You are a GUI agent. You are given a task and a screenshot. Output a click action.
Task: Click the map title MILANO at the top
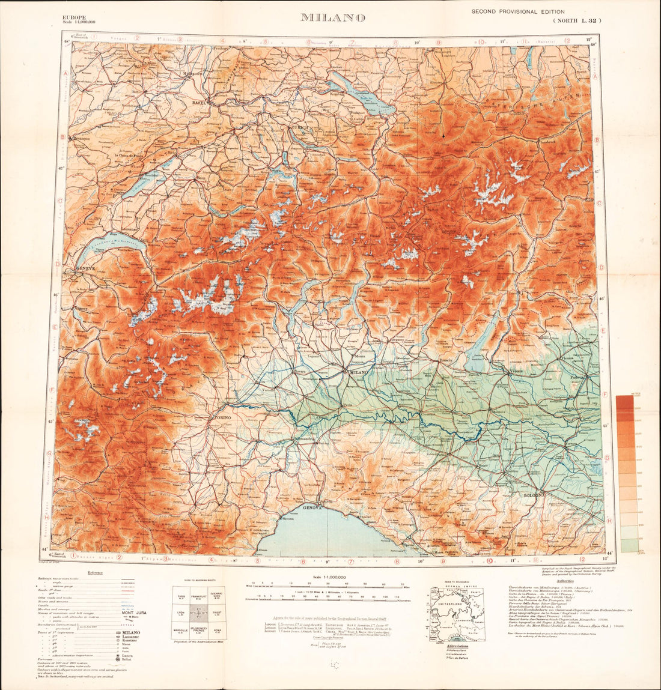click(333, 17)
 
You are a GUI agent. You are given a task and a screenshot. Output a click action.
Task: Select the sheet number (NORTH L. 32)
click(576, 20)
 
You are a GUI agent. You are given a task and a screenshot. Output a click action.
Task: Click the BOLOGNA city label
click(534, 495)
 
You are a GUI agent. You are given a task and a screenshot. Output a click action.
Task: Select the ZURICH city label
click(299, 128)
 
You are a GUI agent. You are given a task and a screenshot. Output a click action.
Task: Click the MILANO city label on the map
click(359, 372)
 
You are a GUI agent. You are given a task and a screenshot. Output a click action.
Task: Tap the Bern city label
click(201, 178)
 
